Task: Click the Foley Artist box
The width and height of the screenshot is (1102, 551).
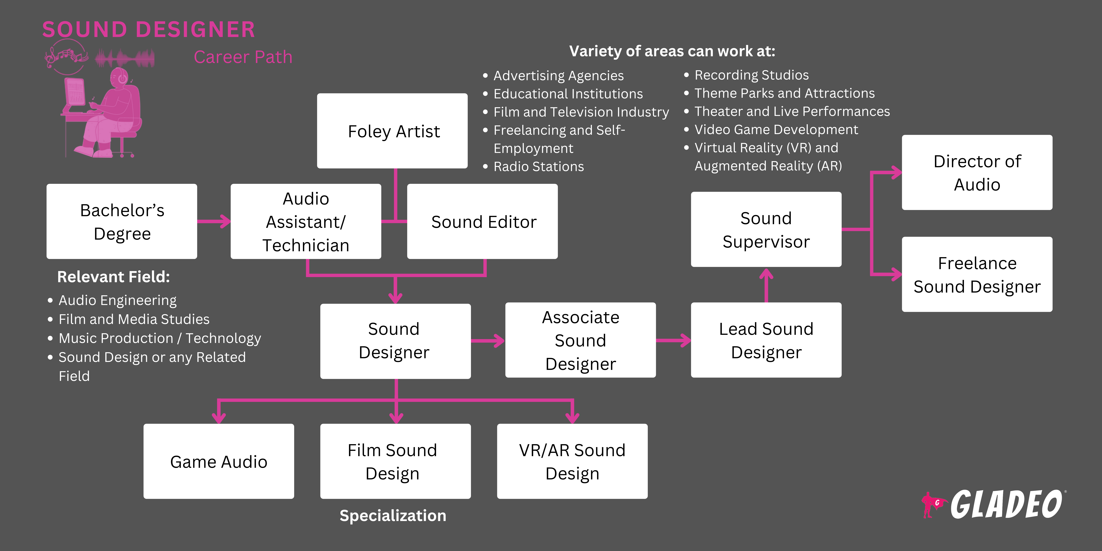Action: (392, 131)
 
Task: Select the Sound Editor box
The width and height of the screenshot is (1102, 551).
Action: (483, 222)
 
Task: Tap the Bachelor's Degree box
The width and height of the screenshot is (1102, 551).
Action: (122, 222)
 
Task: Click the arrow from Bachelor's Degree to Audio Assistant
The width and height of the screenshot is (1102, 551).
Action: (214, 222)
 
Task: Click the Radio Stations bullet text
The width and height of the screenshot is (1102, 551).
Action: (539, 166)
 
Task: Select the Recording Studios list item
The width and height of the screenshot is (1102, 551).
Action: (751, 75)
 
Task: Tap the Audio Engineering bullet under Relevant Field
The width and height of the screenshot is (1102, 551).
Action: (117, 300)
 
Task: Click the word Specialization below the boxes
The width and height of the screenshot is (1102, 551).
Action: (393, 515)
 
